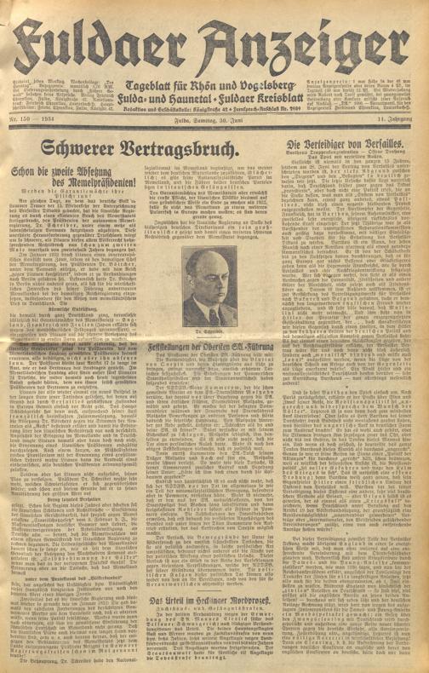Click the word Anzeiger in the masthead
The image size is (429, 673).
tap(315, 34)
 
